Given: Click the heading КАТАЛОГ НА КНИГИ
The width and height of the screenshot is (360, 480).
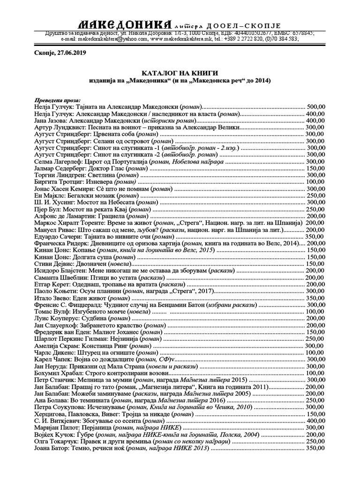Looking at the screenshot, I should [180, 73].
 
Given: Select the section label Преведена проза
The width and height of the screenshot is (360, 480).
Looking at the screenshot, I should [57, 100].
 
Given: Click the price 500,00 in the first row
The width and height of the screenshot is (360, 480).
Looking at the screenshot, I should [315, 107].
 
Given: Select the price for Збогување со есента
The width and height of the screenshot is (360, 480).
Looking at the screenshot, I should [315, 420].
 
